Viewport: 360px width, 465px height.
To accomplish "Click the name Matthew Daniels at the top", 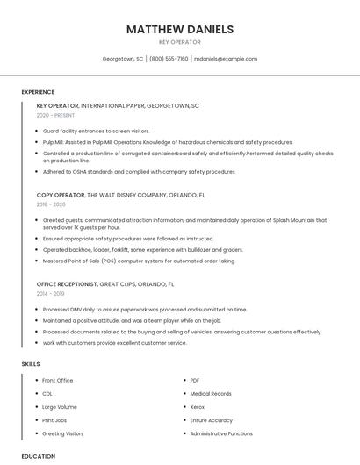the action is (x=180, y=29).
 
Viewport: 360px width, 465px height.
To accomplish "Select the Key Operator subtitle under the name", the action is (x=180, y=42).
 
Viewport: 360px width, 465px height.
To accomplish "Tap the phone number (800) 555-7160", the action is (x=169, y=59).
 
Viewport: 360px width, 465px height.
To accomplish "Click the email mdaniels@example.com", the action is (x=226, y=59).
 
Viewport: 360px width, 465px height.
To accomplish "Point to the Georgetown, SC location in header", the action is (x=123, y=59).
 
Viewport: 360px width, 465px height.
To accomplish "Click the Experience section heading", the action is (x=38, y=92).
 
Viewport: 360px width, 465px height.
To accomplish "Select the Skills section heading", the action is (x=31, y=363).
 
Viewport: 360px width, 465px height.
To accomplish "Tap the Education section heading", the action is (x=39, y=456).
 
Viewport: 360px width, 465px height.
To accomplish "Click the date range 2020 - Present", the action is (x=56, y=115).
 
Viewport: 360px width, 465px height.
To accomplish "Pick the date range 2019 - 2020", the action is (x=51, y=204).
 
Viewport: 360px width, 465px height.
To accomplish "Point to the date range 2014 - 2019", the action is (x=51, y=294).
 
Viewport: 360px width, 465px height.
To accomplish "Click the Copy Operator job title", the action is (x=61, y=195).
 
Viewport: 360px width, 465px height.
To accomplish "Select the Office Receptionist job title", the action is (x=67, y=284).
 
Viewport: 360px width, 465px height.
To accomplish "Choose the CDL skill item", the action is (x=47, y=394).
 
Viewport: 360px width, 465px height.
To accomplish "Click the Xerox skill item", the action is (x=198, y=407).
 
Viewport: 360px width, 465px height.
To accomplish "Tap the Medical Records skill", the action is (x=210, y=394).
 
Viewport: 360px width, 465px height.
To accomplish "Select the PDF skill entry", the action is (x=195, y=380).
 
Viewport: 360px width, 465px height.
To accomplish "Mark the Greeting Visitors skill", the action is (x=63, y=433).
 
